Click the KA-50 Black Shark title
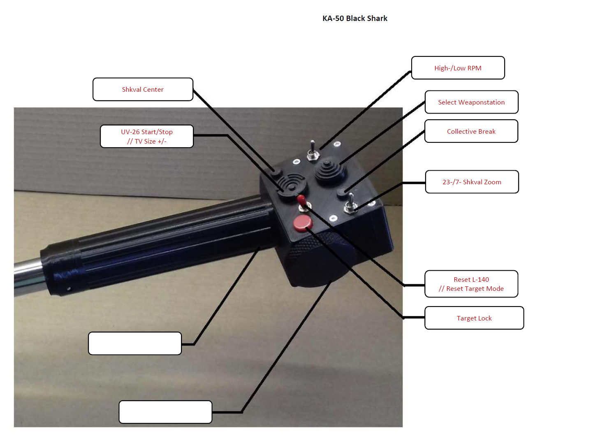point(355,19)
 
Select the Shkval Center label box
point(143,89)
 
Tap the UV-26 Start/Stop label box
point(147,136)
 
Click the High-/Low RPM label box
point(458,68)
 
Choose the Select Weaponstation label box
point(471,102)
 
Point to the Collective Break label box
point(471,131)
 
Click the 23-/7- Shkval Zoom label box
point(472,182)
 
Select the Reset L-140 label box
point(471,284)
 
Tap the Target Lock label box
point(474,318)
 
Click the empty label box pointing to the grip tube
point(135,344)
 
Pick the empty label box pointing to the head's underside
point(165,412)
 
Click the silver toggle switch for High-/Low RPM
point(313,151)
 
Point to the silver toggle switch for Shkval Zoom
point(351,204)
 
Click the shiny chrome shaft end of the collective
point(27,276)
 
